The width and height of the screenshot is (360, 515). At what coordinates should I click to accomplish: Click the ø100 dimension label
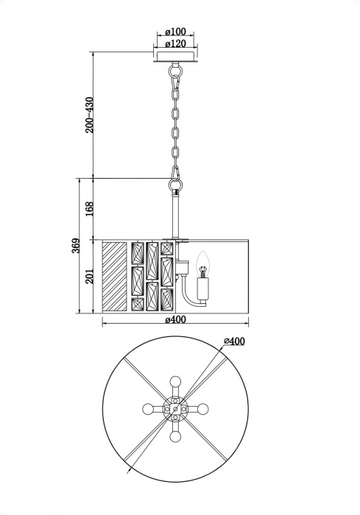[x=175, y=32]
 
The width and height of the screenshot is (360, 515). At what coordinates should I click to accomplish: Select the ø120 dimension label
[x=175, y=43]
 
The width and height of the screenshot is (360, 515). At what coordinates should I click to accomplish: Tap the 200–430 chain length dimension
[x=89, y=115]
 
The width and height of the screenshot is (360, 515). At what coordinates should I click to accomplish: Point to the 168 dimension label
[x=89, y=208]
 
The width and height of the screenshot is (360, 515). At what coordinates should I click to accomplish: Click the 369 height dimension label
[x=76, y=246]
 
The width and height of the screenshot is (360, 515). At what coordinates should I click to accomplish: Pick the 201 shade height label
[x=89, y=277]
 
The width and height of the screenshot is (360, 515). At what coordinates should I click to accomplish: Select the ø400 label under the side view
[x=175, y=319]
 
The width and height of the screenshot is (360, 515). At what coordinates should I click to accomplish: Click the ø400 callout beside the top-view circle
[x=234, y=341]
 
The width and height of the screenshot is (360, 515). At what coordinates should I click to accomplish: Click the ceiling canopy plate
[x=175, y=57]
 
